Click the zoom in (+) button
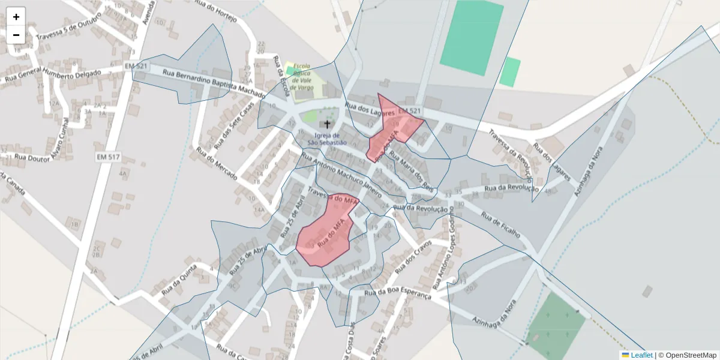[x=16, y=17]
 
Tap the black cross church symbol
[x=327, y=125]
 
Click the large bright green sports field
[x=472, y=37]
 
